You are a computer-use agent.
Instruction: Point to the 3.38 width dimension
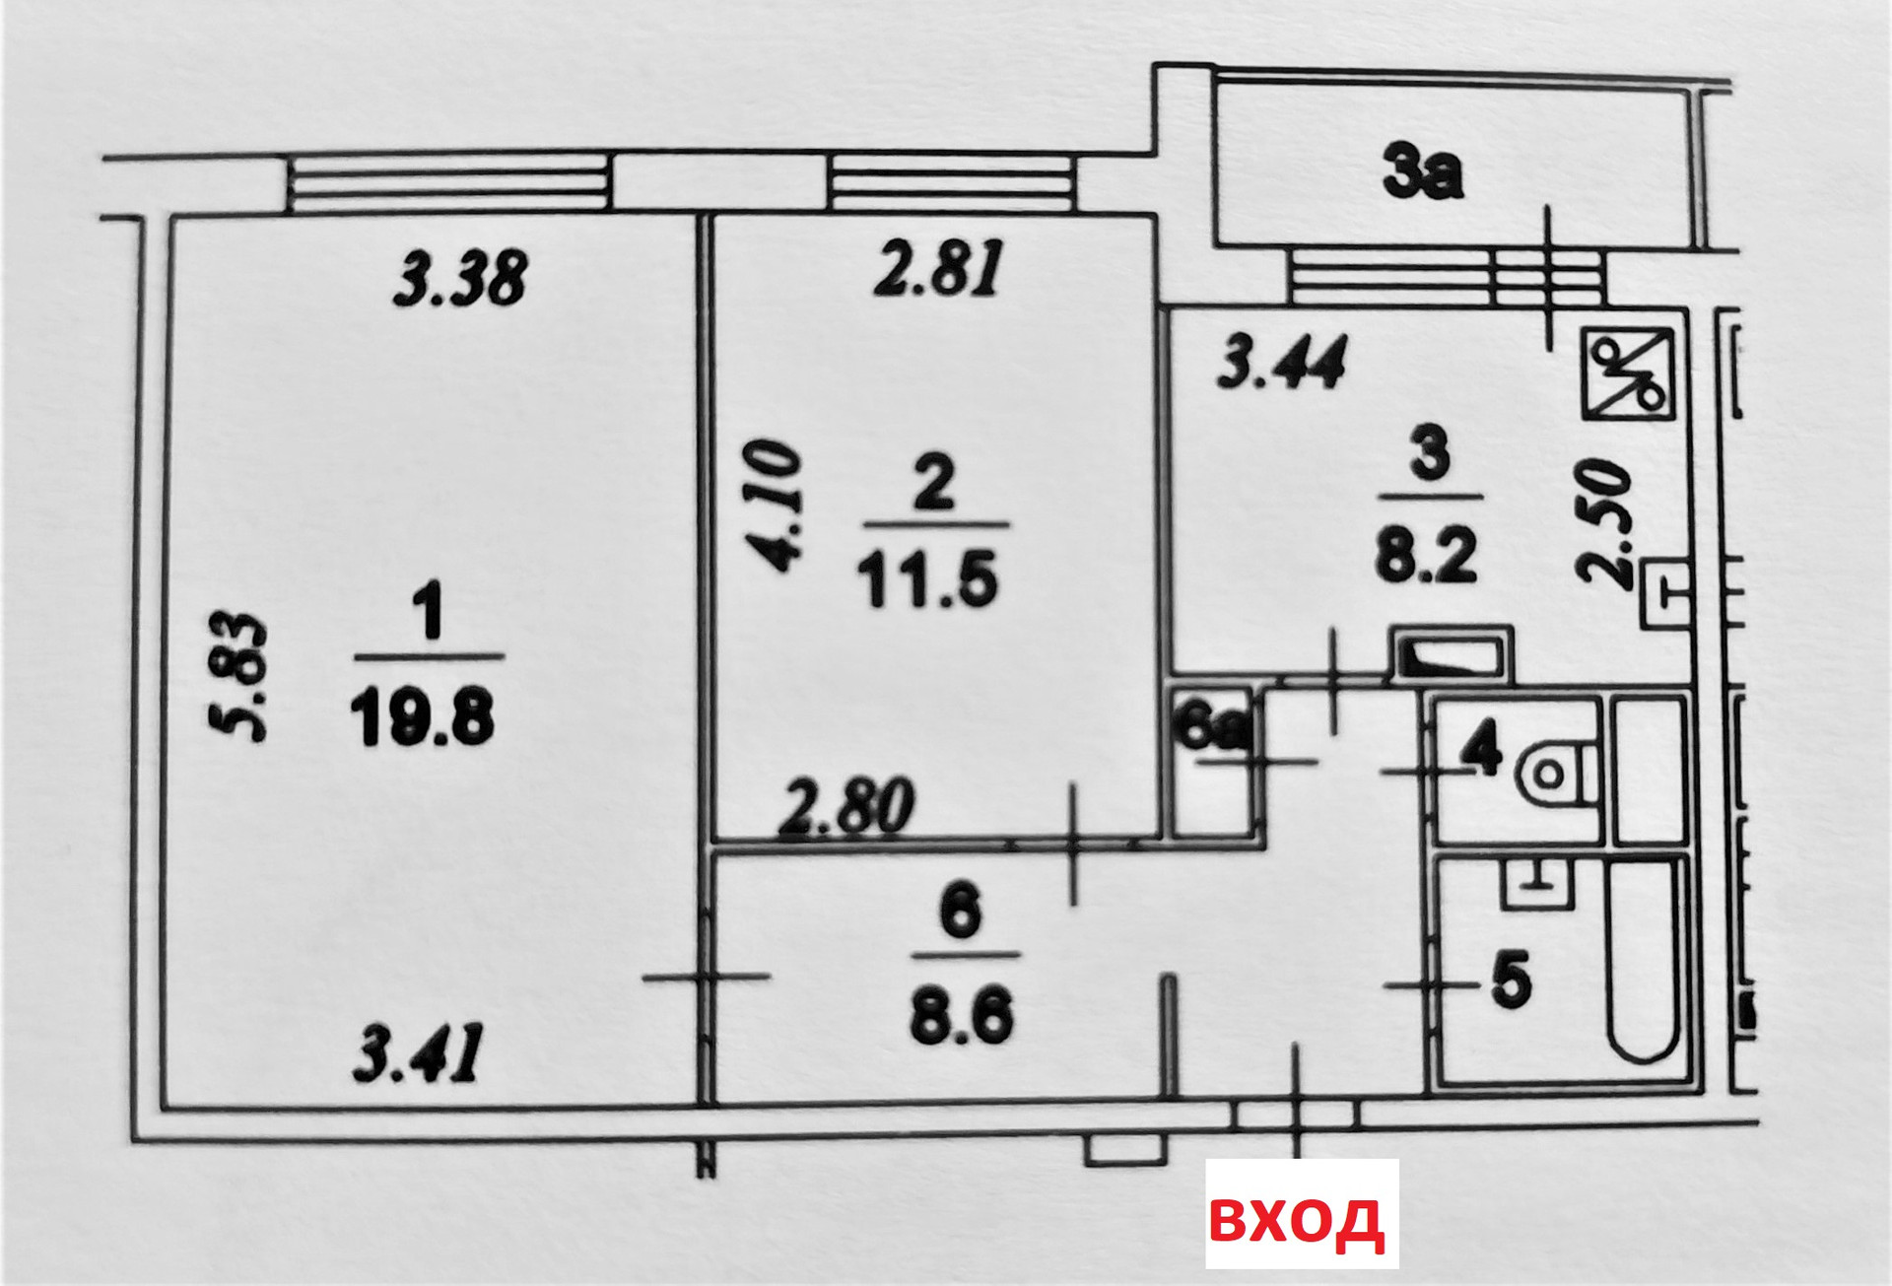click(460, 279)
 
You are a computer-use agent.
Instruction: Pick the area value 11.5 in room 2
click(928, 578)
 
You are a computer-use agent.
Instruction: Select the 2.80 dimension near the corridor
click(847, 807)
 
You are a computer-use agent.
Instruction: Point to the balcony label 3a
click(1422, 173)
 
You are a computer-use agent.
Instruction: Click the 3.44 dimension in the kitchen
click(1281, 362)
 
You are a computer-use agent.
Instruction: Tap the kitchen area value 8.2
click(1426, 557)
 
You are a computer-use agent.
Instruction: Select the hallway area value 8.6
click(961, 1017)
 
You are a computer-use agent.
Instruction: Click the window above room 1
click(449, 183)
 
